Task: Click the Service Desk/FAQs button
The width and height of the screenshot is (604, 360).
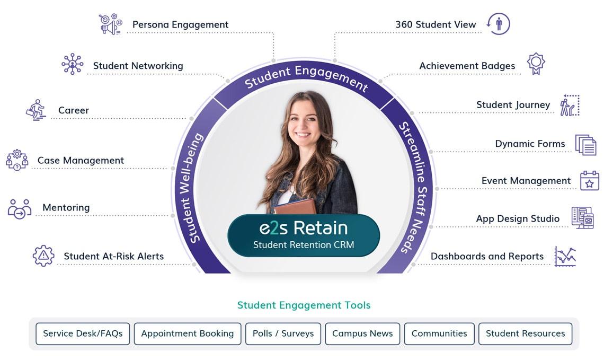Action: pyautogui.click(x=83, y=333)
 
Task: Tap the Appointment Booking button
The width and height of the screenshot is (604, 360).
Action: pyautogui.click(x=188, y=333)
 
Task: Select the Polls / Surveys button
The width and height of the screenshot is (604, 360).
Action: pyautogui.click(x=283, y=333)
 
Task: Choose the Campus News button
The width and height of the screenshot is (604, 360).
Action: pyautogui.click(x=362, y=333)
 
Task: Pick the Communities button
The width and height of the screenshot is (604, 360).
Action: pyautogui.click(x=439, y=333)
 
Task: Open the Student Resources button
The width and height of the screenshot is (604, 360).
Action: pyautogui.click(x=526, y=333)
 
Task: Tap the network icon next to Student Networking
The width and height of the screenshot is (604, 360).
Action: pyautogui.click(x=73, y=64)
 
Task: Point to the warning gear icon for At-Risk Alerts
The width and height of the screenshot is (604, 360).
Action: pyautogui.click(x=43, y=256)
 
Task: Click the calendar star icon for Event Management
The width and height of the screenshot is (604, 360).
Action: pyautogui.click(x=589, y=181)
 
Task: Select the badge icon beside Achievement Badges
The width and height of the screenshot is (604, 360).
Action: pyautogui.click(x=536, y=64)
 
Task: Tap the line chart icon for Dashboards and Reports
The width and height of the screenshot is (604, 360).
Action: pyautogui.click(x=565, y=256)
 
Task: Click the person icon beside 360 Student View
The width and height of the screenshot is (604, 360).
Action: pyautogui.click(x=499, y=23)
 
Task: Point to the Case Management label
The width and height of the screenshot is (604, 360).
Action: pyautogui.click(x=81, y=160)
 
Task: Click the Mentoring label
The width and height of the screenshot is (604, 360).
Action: pyautogui.click(x=66, y=207)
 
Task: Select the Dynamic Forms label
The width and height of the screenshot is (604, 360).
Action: pyautogui.click(x=530, y=144)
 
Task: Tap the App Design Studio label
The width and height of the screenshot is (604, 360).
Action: pyautogui.click(x=518, y=218)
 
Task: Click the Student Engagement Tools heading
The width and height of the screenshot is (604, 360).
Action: pyautogui.click(x=304, y=305)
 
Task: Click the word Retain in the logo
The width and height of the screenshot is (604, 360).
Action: pyautogui.click(x=321, y=228)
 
